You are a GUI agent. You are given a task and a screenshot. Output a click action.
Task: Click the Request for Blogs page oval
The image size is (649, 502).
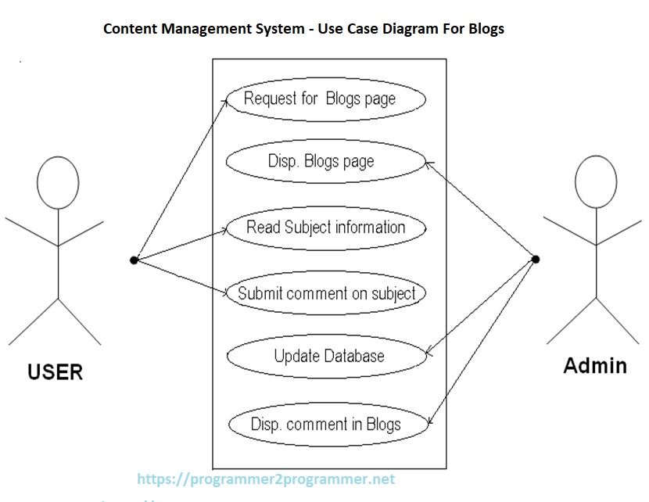click(x=326, y=99)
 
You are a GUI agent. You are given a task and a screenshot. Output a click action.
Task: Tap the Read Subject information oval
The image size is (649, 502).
click(x=326, y=228)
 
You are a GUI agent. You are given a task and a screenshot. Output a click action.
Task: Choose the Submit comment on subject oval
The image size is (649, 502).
click(x=326, y=294)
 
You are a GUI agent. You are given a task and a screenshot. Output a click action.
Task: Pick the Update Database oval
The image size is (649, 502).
click(x=326, y=357)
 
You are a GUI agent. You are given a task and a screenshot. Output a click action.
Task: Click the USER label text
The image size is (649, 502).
click(x=55, y=371)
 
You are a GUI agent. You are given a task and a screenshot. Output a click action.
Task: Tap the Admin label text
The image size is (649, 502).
click(x=595, y=365)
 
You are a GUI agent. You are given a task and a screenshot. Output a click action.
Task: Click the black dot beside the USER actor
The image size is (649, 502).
click(x=134, y=260)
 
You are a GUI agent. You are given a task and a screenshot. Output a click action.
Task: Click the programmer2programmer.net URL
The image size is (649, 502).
click(x=266, y=479)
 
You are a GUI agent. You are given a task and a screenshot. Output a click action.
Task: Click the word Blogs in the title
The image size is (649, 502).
click(x=485, y=29)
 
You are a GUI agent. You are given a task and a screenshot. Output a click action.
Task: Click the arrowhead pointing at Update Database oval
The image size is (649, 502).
click(x=427, y=352)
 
